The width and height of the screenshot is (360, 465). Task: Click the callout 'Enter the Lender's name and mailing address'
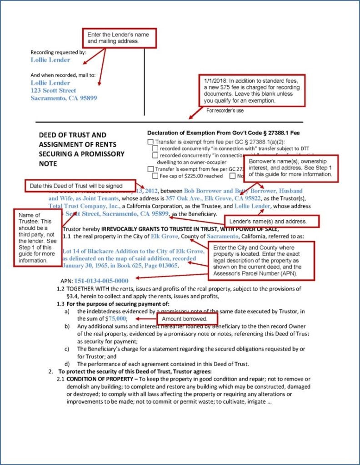(x=119, y=38)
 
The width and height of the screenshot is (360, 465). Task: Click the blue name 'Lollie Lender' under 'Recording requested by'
(x=50, y=60)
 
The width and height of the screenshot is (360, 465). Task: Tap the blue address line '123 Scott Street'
(x=53, y=90)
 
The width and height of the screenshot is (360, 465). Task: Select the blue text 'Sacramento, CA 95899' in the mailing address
(x=64, y=98)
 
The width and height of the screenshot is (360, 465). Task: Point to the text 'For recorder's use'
(x=225, y=110)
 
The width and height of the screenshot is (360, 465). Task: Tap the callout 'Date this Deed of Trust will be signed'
(x=80, y=185)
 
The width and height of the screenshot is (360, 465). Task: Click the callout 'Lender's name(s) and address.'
(x=272, y=221)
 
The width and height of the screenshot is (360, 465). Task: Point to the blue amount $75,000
(x=116, y=319)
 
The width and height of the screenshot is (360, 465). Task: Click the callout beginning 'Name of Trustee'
(x=38, y=237)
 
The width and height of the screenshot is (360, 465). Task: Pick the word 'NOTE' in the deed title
(x=48, y=163)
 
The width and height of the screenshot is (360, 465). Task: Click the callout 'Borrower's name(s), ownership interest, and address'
(x=292, y=168)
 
